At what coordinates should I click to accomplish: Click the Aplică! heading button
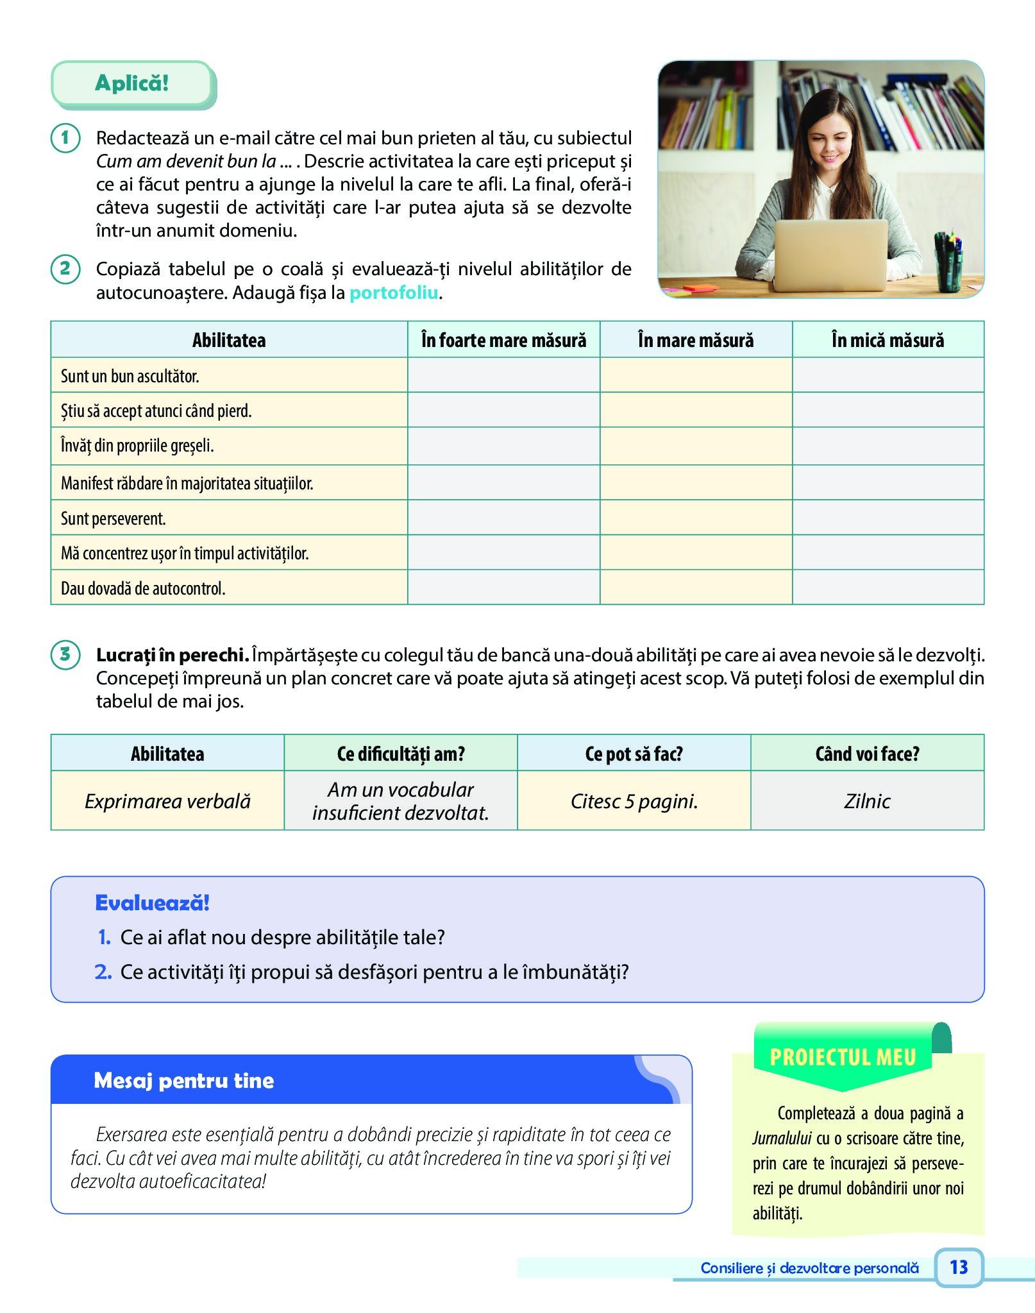[x=131, y=83]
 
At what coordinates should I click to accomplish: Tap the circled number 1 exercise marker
[x=65, y=139]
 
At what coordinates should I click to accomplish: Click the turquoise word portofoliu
[x=394, y=293]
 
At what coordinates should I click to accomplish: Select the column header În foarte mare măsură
[x=503, y=340]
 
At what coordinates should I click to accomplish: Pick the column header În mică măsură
[x=888, y=340]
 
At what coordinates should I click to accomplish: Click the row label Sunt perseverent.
[x=114, y=518]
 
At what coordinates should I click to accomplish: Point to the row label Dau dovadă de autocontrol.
[x=143, y=588]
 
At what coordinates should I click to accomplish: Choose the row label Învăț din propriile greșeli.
[x=137, y=446]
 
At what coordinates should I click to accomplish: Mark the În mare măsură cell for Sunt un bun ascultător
[x=696, y=375]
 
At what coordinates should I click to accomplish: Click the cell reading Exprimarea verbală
[x=167, y=801]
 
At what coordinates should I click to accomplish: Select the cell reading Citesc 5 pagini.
[x=634, y=801]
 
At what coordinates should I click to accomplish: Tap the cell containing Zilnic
[x=867, y=801]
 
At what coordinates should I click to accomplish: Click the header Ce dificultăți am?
[x=401, y=754]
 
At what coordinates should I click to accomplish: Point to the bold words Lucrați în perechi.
[x=172, y=655]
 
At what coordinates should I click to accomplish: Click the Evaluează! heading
[x=152, y=903]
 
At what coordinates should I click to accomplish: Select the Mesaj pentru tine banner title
[x=184, y=1081]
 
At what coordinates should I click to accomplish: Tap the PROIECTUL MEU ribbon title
[x=843, y=1057]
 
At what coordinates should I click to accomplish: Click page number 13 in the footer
[x=959, y=1267]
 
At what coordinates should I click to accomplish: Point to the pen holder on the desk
[x=948, y=263]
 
